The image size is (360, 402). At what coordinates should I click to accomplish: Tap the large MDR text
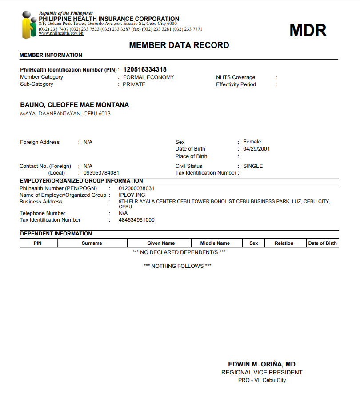[308, 30]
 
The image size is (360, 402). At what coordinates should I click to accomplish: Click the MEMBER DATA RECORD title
[179, 45]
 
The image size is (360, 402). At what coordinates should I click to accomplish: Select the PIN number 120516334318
[145, 69]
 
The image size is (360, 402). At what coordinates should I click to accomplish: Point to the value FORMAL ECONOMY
[148, 77]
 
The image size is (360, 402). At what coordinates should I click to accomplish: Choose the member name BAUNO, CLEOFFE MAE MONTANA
[75, 105]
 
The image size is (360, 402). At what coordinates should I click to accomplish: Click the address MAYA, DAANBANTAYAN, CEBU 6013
[65, 114]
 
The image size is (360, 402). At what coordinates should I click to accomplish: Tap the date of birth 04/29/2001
[256, 149]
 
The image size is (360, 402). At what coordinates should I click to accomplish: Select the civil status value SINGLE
[253, 166]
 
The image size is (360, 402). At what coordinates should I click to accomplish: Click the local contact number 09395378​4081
[101, 173]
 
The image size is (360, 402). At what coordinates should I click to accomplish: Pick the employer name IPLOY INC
[132, 195]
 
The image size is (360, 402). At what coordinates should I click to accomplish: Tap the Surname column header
[92, 243]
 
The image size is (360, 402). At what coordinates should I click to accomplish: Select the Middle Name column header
[215, 243]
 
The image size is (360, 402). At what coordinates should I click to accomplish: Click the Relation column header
[284, 243]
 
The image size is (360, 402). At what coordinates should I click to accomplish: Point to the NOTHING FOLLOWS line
[177, 266]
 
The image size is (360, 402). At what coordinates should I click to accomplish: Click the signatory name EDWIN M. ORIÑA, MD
[262, 364]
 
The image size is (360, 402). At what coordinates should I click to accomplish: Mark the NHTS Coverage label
[236, 77]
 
